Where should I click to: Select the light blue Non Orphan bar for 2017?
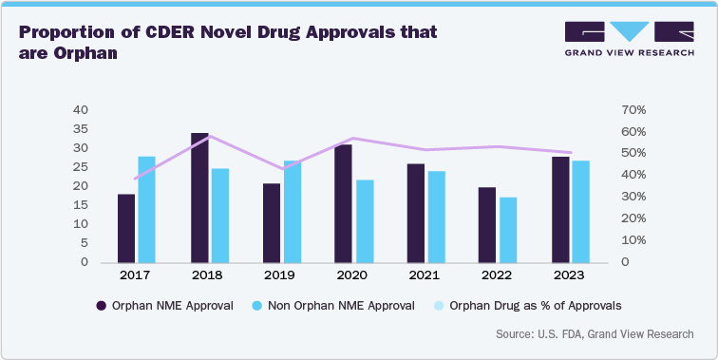[146, 209]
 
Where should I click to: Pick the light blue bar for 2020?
[364, 220]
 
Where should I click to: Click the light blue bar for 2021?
[436, 217]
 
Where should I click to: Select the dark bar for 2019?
[272, 222]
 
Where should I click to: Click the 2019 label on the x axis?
[281, 275]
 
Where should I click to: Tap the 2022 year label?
[497, 275]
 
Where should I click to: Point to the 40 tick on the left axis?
[81, 110]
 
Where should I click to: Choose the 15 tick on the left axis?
[81, 205]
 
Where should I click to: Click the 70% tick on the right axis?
[635, 110]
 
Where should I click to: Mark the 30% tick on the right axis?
[635, 197]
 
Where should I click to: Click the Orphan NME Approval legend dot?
[102, 306]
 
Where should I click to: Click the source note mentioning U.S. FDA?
[594, 334]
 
